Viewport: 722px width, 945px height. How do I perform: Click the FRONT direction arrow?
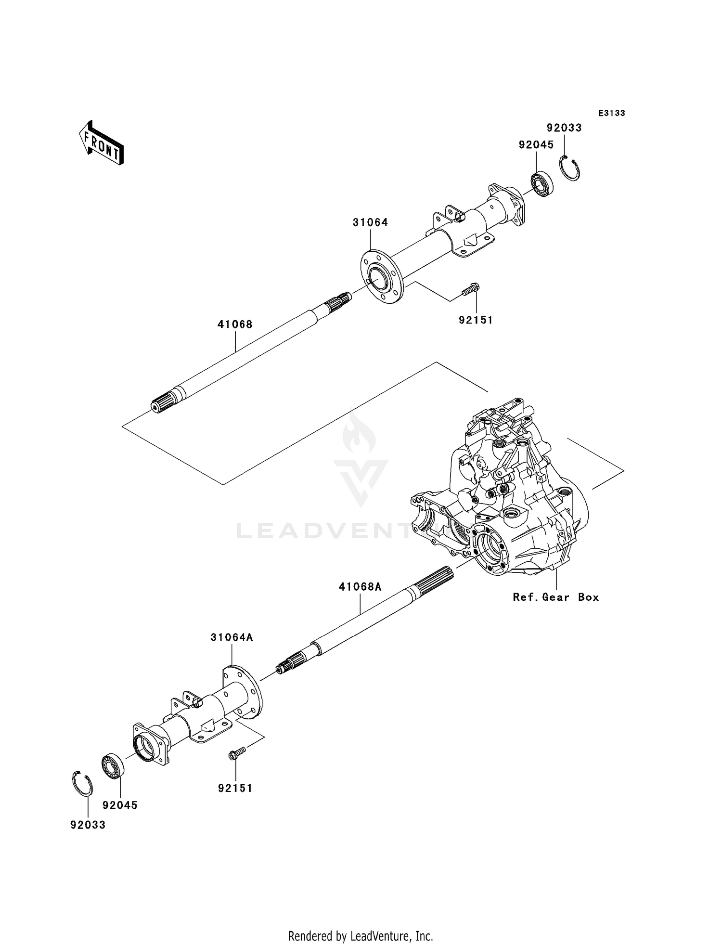[x=102, y=144]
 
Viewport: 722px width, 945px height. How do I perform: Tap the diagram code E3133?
[x=611, y=113]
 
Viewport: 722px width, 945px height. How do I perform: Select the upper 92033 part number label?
[x=564, y=128]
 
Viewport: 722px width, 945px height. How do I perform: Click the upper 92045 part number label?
[x=536, y=145]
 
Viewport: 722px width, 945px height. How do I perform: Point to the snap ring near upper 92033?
[x=571, y=168]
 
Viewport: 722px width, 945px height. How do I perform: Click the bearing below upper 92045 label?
[x=542, y=182]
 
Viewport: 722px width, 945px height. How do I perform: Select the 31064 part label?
[x=370, y=222]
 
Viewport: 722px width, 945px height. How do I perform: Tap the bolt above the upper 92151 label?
[x=471, y=290]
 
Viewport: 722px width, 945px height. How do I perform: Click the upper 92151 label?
[x=476, y=320]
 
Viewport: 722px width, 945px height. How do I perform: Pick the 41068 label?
[x=235, y=324]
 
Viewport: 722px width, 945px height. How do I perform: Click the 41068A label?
[x=360, y=587]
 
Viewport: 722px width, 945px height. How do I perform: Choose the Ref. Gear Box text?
[x=556, y=597]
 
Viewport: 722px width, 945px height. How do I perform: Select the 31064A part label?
[x=232, y=637]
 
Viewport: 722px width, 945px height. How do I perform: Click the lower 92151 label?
[x=235, y=789]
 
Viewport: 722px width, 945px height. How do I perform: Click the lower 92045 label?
[x=120, y=805]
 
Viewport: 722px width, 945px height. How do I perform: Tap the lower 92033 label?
[x=88, y=825]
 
